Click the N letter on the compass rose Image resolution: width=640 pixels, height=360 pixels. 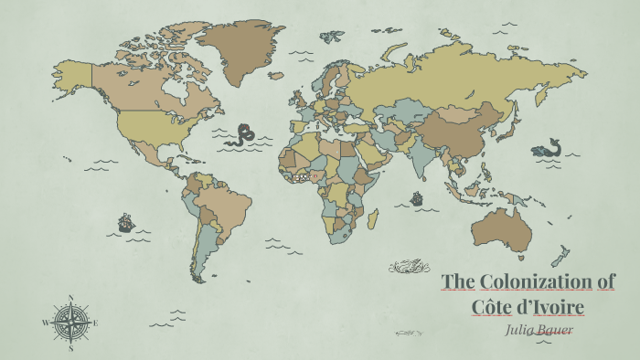coord(70,297)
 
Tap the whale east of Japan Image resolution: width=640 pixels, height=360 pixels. coord(548,148)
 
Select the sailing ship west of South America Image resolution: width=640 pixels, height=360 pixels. coord(126,222)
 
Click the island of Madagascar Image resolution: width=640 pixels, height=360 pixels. coord(372,218)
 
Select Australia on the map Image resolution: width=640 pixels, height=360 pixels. coord(501,228)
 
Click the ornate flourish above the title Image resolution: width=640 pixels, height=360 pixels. coord(408,266)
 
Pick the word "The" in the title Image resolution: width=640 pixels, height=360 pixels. coord(458,281)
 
